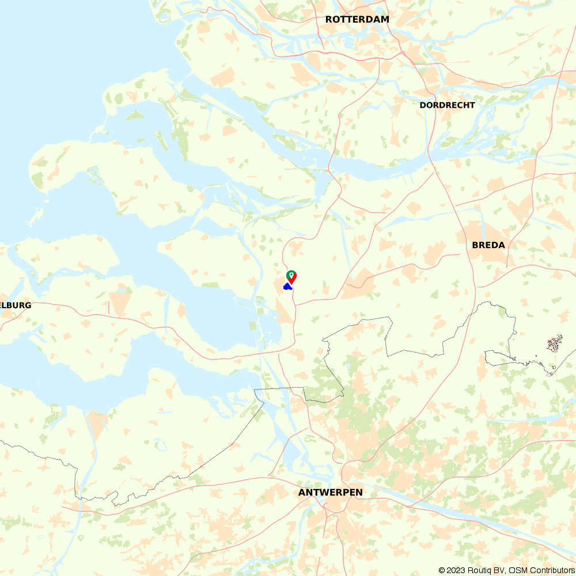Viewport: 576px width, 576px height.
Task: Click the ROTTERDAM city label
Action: pos(357,20)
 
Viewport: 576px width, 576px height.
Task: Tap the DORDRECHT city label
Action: pos(447,105)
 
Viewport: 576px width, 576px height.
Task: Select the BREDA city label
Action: pos(488,245)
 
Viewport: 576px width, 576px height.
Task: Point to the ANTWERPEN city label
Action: pos(331,493)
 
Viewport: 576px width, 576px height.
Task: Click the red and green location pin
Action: pos(291,277)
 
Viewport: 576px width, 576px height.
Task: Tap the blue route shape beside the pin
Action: pos(287,286)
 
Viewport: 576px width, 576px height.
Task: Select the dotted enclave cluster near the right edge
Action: pos(554,344)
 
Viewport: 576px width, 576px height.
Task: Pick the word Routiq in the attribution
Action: pos(482,570)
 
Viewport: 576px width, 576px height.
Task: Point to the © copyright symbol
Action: pos(442,570)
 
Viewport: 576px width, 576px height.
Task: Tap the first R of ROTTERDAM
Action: pos(329,20)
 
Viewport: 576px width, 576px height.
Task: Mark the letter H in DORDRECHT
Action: pos(463,105)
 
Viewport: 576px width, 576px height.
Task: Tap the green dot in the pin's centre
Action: pos(291,274)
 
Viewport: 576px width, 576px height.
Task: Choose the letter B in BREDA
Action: pos(475,245)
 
